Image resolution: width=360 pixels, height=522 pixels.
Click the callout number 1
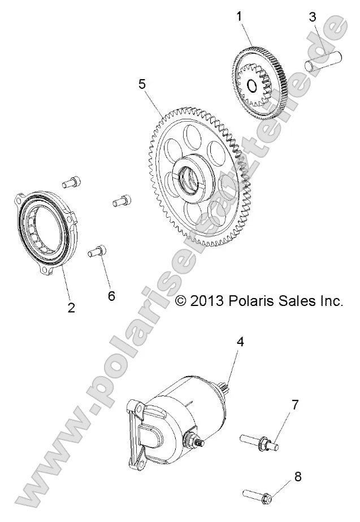coord(239,15)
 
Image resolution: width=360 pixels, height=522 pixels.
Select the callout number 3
coord(313,16)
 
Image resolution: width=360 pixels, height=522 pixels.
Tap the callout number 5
coord(142,83)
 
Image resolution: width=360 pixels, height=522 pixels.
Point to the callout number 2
coord(71,308)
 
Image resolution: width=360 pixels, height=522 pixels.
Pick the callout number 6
coord(111,296)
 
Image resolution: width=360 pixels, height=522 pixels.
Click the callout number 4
coord(240,341)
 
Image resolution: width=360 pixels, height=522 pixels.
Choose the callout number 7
coord(295,405)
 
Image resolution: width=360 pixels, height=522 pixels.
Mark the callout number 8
coord(297,476)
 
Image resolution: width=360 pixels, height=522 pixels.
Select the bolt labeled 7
coord(258,441)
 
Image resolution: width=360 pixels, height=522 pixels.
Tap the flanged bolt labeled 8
coord(260,495)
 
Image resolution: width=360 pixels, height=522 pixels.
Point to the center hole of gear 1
coord(252,86)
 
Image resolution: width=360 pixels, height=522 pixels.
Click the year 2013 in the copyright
coord(207,301)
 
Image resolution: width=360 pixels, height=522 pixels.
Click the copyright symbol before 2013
coord(181,301)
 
